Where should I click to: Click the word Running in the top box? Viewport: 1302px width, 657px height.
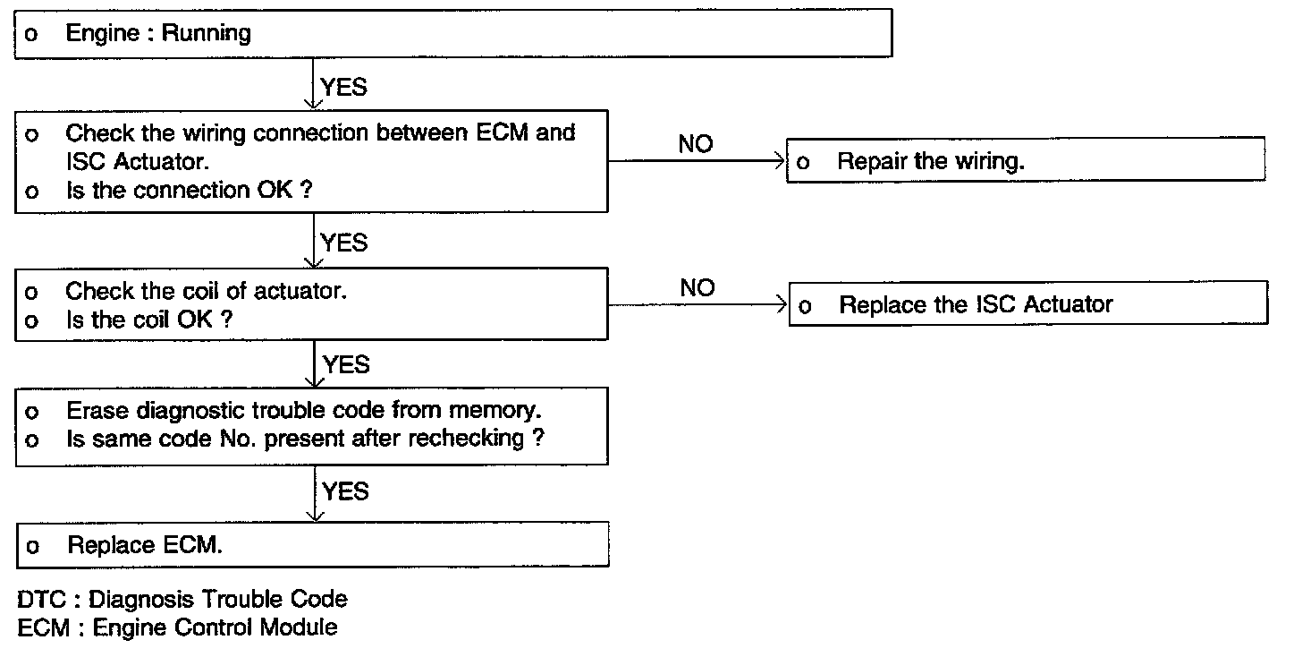206,34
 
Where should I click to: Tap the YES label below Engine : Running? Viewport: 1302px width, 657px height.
343,88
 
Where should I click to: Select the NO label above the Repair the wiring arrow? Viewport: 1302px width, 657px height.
695,144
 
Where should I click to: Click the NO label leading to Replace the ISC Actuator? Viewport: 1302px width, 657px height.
697,287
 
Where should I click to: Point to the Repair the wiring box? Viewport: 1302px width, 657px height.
1026,160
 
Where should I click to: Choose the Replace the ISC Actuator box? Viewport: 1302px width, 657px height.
1028,303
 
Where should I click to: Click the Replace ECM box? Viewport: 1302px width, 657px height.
313,545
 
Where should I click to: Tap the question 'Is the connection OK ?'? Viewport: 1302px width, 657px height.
189,191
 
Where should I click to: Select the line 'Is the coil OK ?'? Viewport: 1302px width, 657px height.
148,320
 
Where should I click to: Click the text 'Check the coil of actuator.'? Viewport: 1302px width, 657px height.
206,291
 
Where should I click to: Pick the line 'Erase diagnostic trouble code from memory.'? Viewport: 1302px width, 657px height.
303,411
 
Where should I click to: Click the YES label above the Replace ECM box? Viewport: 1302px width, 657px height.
345,491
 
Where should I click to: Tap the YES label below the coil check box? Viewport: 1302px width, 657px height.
346,365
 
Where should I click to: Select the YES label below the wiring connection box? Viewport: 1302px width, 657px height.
344,243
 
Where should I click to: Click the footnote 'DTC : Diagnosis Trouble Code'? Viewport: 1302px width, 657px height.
182,600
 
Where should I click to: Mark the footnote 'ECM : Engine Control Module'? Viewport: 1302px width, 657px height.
177,627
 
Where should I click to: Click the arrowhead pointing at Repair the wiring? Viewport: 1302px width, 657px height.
780,160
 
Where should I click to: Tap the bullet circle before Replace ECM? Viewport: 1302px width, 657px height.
33,546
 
